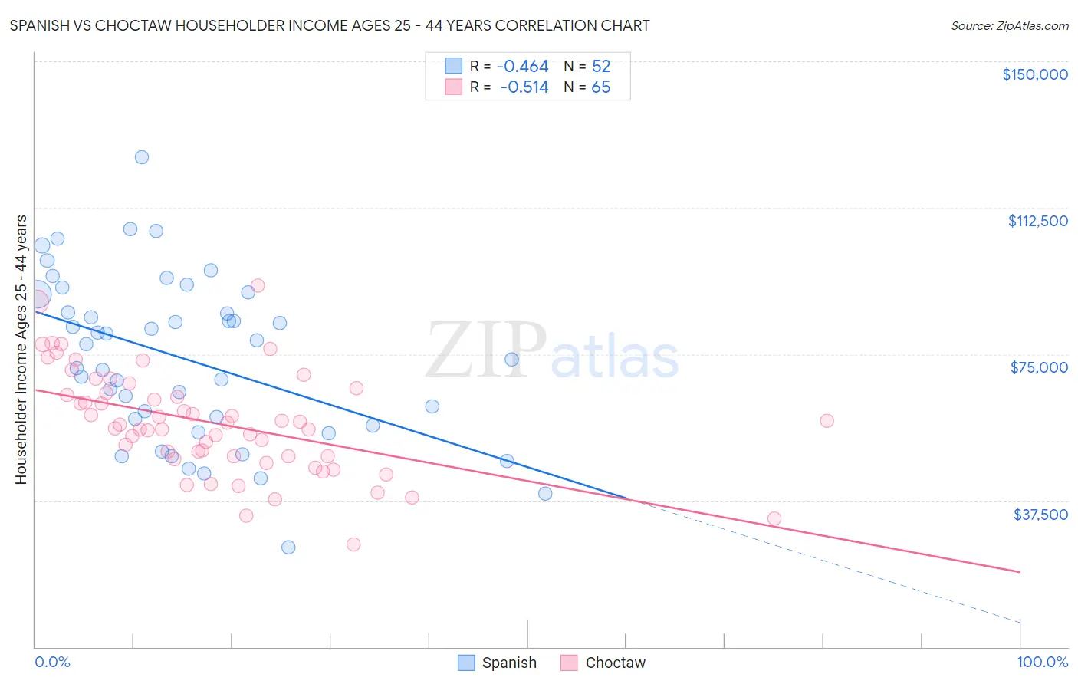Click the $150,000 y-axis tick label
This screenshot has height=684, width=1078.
point(1034,74)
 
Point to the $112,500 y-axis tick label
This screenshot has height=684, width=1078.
point(1037,221)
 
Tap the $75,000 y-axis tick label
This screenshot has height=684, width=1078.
point(1039,367)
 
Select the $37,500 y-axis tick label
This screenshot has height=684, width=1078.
point(1040,515)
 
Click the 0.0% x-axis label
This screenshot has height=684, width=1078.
point(52,662)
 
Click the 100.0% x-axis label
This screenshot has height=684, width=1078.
point(1042,662)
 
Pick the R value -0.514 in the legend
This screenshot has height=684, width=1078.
point(524,87)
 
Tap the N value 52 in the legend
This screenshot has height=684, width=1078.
point(601,67)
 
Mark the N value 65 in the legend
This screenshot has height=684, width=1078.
point(601,87)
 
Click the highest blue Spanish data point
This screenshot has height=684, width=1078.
point(142,157)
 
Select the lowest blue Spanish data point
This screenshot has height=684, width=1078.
point(288,548)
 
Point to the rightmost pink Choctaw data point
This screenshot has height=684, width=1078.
point(827,420)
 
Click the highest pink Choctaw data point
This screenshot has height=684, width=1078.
point(258,285)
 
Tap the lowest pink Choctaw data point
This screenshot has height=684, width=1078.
point(353,544)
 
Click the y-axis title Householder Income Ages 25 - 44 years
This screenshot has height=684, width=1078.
point(21,350)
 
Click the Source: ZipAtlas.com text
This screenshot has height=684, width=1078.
point(1009,26)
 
